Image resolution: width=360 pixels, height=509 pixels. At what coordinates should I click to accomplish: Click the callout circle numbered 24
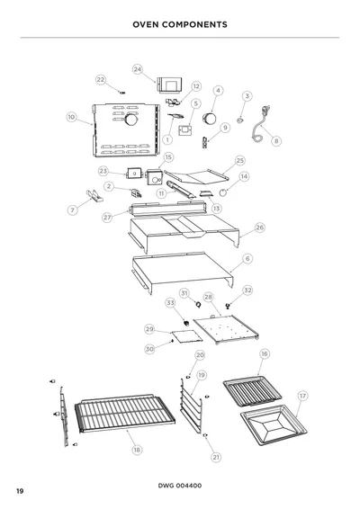tap(138, 69)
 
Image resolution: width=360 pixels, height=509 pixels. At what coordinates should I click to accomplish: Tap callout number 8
tap(276, 141)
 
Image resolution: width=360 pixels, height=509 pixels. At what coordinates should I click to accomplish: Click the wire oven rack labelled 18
tap(125, 413)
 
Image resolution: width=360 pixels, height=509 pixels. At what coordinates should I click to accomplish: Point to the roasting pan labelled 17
tap(274, 425)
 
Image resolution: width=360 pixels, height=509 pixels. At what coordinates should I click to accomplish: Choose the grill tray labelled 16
tap(252, 391)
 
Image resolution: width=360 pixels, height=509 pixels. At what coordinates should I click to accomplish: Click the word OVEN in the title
tap(146, 24)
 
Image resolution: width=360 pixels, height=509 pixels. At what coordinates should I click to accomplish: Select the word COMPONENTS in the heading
tap(194, 24)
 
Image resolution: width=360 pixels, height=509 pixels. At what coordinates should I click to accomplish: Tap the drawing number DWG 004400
tap(180, 486)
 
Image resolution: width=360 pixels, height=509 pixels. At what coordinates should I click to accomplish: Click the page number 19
tap(20, 491)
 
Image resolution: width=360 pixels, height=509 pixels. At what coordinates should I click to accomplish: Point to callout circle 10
tap(71, 117)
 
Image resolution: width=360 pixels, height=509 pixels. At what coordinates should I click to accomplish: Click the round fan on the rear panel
tap(131, 120)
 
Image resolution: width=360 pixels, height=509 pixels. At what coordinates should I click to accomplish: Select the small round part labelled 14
tap(223, 192)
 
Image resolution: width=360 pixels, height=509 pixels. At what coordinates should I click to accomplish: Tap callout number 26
tap(259, 228)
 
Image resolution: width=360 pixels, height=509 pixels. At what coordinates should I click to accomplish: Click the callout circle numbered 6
tap(247, 259)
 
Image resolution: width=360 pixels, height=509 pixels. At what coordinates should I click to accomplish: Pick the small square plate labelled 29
tap(187, 336)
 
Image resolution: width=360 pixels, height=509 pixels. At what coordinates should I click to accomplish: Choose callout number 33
tap(171, 303)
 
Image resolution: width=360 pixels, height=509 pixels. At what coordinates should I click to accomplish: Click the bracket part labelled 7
tap(94, 196)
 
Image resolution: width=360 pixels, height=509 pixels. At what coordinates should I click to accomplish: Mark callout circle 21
tap(216, 458)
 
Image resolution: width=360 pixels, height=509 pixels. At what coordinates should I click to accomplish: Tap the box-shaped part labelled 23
tap(134, 174)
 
